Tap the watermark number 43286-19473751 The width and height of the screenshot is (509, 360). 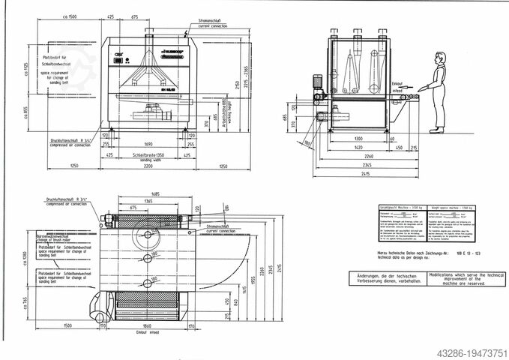point(463,349)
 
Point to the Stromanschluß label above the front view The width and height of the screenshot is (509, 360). point(215,22)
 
